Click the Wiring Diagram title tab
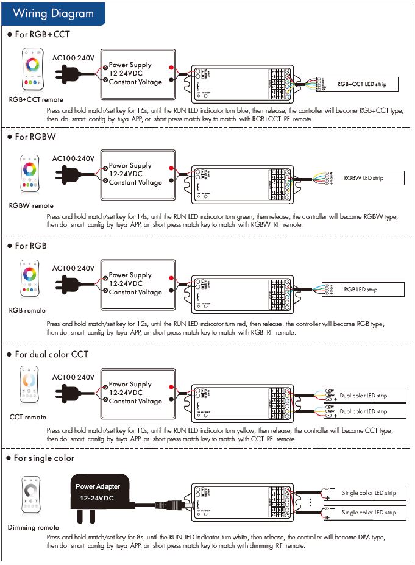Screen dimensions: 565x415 (54, 13)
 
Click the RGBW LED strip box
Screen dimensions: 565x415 (364, 178)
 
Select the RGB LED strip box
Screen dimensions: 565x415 (364, 290)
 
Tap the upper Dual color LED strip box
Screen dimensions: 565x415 (364, 395)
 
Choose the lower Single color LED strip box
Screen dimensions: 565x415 (364, 512)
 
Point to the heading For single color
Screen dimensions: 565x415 (44, 458)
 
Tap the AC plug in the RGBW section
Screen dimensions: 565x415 (68, 175)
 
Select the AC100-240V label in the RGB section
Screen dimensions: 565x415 (73, 268)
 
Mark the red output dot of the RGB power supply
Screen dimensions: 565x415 (173, 277)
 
